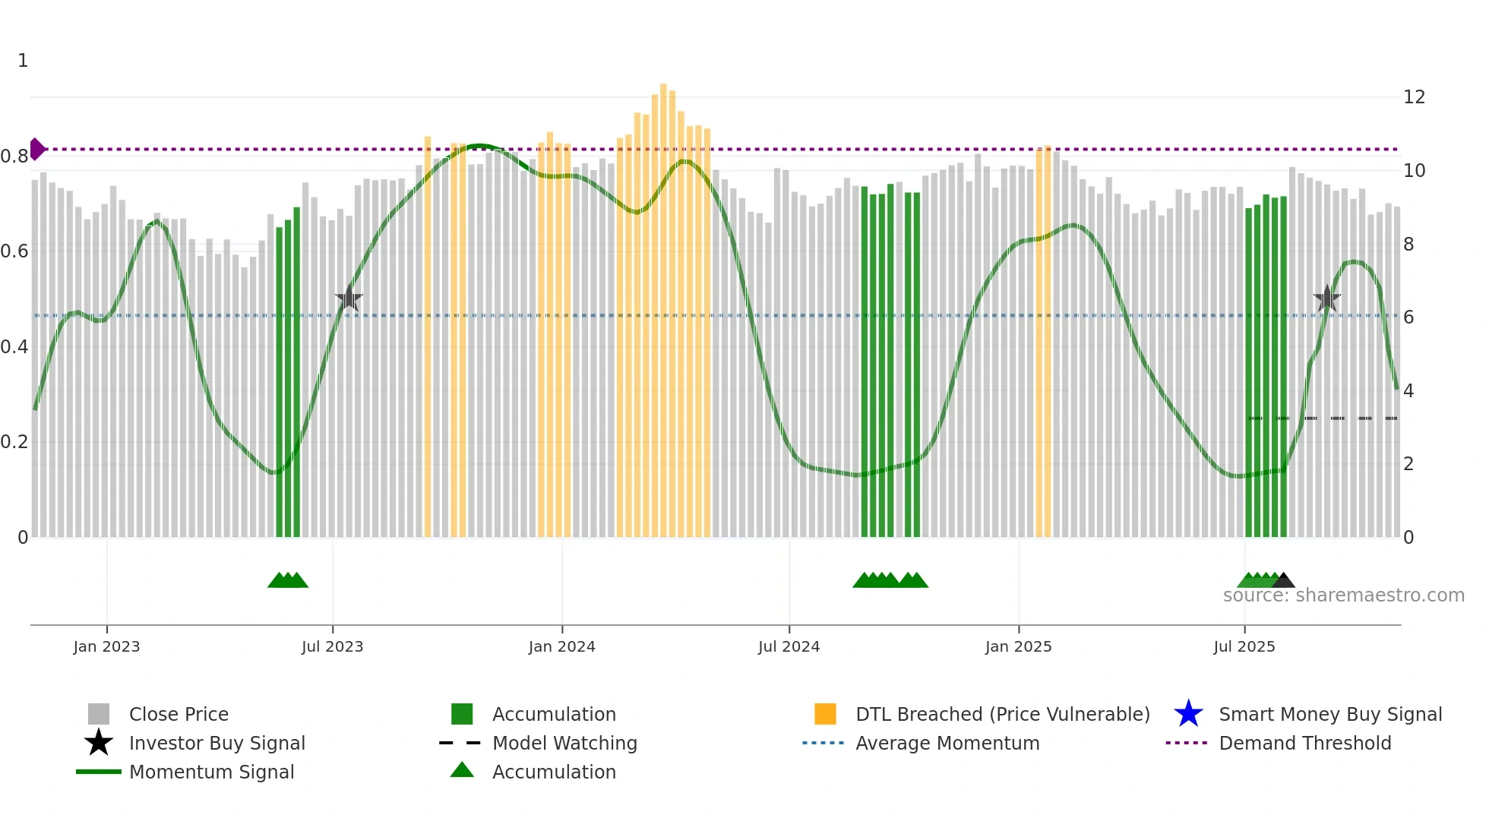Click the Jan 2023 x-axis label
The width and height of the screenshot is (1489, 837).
pos(106,646)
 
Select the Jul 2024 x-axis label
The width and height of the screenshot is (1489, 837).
pos(789,646)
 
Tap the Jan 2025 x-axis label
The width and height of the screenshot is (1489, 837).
pos(1018,646)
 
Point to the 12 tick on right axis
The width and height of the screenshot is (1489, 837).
pos(1414,97)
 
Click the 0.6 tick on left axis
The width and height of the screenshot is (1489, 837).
pos(14,251)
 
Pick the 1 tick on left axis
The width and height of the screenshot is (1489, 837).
pos(23,61)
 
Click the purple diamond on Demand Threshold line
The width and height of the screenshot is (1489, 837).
pos(36,149)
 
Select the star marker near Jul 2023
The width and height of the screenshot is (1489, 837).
pos(349,298)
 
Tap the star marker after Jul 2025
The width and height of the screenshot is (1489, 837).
pos(1326,298)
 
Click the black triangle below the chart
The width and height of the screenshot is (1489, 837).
pos(1283,581)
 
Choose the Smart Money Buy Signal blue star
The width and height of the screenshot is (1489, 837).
pos(1188,714)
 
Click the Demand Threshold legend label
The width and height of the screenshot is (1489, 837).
pos(1304,743)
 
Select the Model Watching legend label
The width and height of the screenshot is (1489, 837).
pos(564,743)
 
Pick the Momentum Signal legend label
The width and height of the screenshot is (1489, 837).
pos(211,772)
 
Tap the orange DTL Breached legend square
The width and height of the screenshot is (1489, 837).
pos(825,714)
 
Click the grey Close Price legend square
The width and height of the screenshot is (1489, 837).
pos(99,714)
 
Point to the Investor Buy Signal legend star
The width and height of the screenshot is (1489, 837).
pos(99,743)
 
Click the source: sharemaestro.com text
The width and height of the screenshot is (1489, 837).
pos(1343,595)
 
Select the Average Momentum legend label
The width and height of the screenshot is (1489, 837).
pos(947,743)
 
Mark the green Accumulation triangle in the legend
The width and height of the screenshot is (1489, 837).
pos(462,770)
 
